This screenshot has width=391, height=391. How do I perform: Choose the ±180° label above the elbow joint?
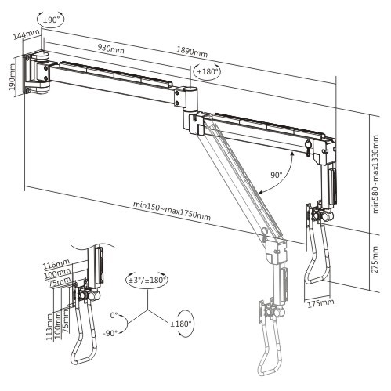[x=206, y=71]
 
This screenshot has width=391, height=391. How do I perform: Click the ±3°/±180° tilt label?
[x=147, y=280]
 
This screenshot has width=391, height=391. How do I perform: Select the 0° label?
[x=114, y=314]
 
